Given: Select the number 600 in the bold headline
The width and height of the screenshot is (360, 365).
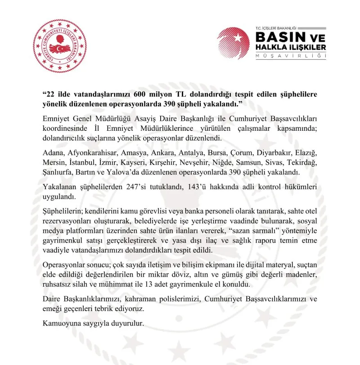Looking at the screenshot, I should [152, 95].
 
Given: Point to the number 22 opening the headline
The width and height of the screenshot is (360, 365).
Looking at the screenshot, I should [51, 95].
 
